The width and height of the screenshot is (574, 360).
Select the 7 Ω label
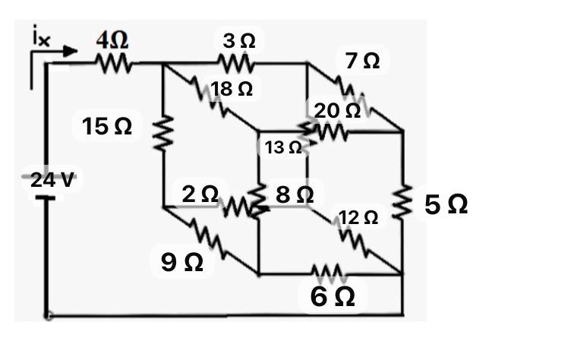click(361, 61)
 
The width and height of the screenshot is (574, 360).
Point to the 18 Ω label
click(232, 89)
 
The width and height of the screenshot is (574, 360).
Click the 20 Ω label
click(338, 111)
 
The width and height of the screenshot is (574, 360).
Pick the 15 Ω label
click(107, 127)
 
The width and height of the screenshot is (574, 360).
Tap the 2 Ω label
click(200, 194)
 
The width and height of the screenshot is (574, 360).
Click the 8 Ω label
click(294, 194)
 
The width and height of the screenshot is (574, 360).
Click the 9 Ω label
click(182, 262)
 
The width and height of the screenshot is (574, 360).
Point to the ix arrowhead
click(72, 51)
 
